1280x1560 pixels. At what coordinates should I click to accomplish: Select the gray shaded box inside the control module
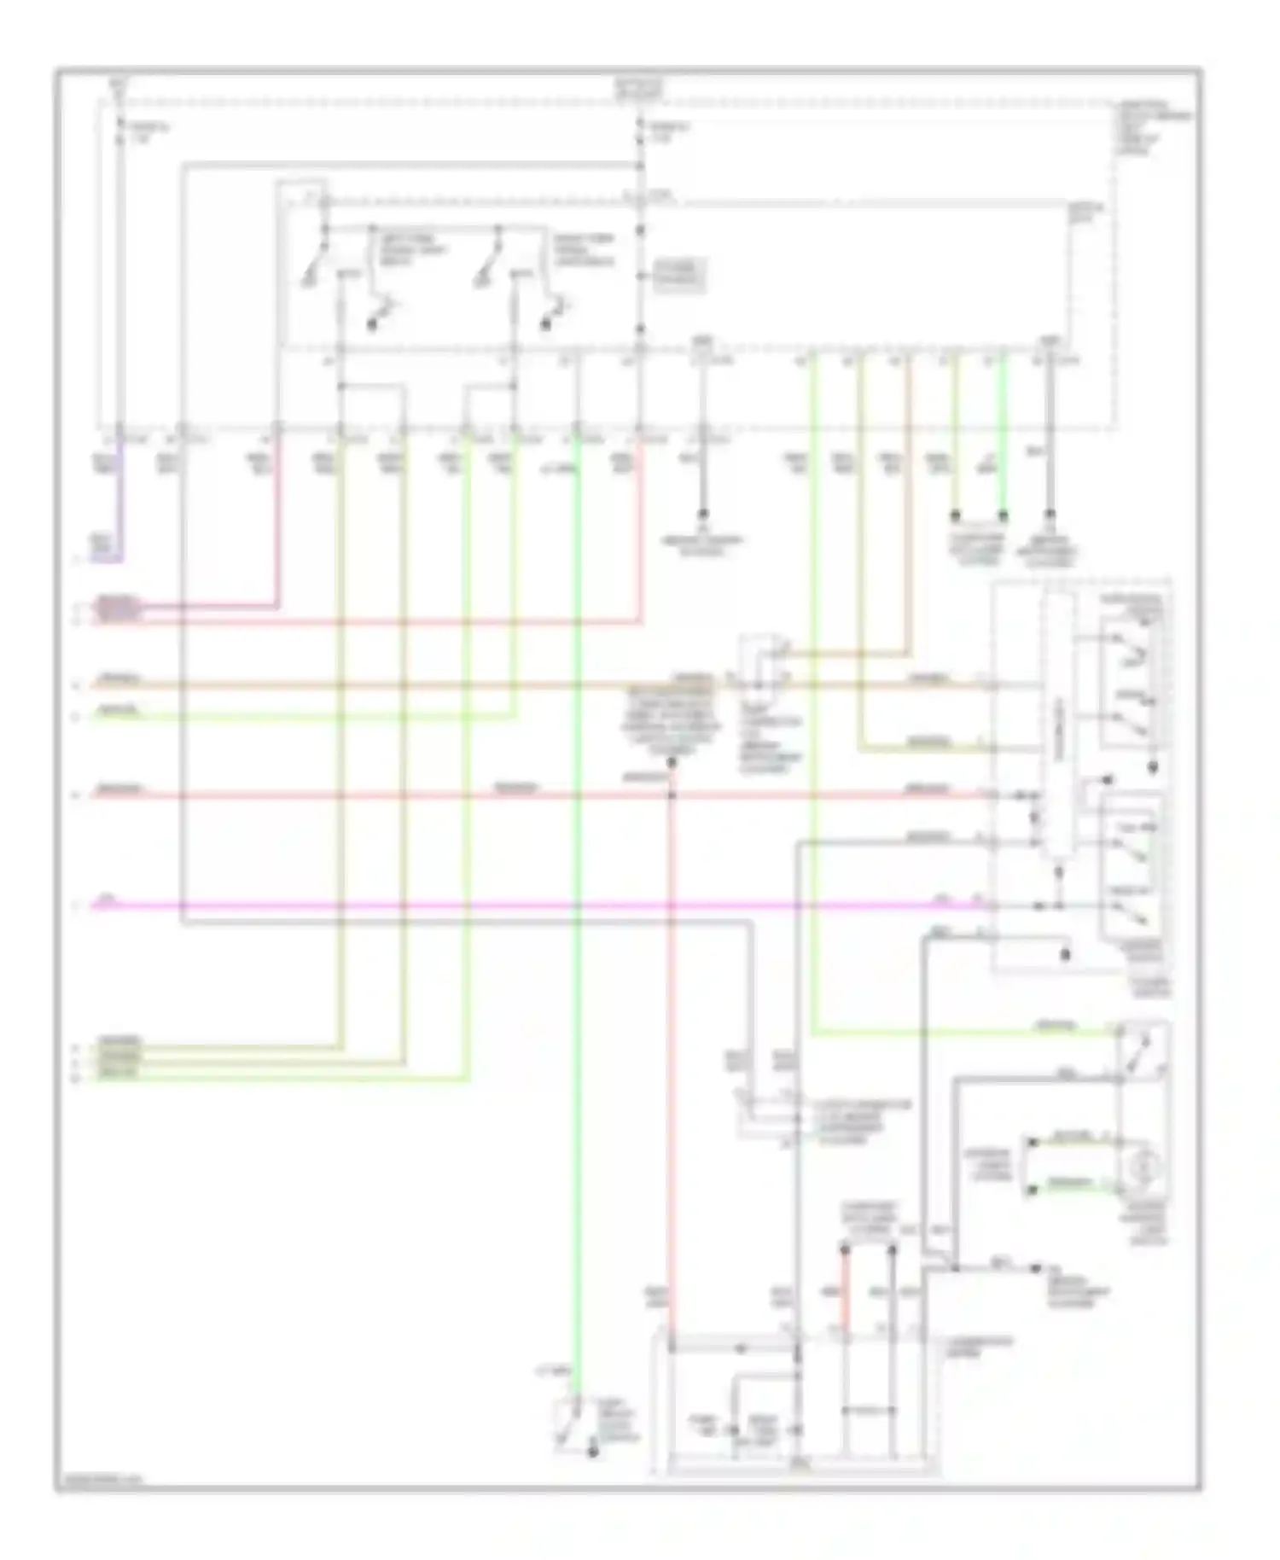click(680, 276)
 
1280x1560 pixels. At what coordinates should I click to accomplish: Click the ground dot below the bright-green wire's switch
click(591, 1452)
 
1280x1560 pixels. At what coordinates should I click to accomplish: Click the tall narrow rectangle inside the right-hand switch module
click(1056, 725)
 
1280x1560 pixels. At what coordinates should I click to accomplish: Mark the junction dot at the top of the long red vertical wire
click(672, 762)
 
